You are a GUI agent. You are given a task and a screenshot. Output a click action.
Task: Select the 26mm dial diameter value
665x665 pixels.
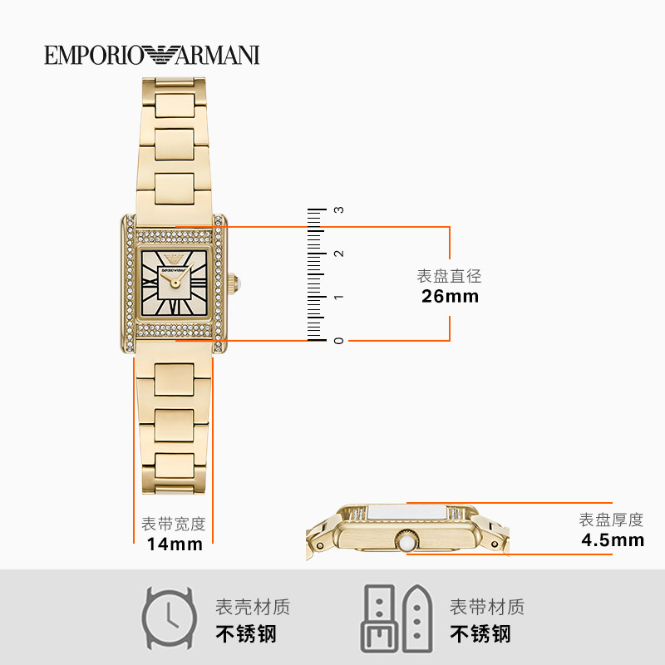click(x=450, y=296)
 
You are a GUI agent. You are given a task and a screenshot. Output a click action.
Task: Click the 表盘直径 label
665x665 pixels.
click(x=450, y=276)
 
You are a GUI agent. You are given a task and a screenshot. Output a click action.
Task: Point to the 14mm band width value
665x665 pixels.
click(x=175, y=544)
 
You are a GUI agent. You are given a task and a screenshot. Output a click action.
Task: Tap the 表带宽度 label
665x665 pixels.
click(x=174, y=525)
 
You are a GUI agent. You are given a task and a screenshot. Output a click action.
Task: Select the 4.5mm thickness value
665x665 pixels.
click(x=613, y=540)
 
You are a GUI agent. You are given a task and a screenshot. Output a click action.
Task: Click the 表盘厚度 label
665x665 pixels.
click(x=612, y=520)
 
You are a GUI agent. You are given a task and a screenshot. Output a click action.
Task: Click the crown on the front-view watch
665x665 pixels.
click(x=234, y=283)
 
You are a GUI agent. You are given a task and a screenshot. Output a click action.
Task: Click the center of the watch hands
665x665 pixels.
click(x=175, y=283)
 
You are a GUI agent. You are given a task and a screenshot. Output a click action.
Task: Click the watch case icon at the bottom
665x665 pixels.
click(x=170, y=619)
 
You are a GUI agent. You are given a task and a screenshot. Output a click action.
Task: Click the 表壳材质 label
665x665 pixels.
click(x=253, y=607)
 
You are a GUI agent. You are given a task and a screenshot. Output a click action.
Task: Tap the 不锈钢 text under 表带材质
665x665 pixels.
click(x=480, y=634)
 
